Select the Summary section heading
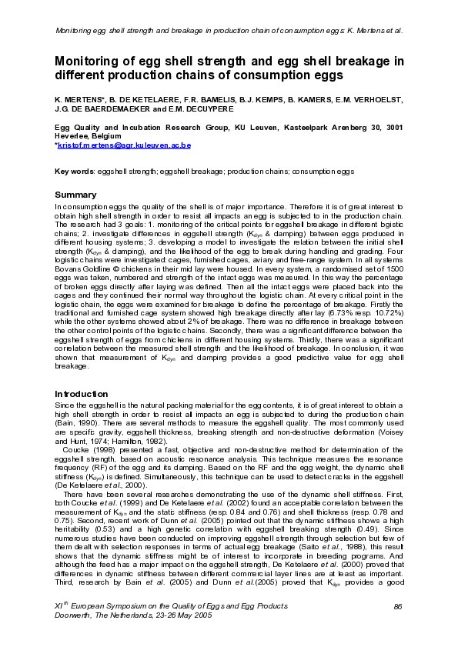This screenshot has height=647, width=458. click(75, 195)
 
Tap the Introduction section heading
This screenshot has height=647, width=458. click(82, 393)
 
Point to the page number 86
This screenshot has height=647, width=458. click(397, 608)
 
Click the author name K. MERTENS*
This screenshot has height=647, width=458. click(79, 100)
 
